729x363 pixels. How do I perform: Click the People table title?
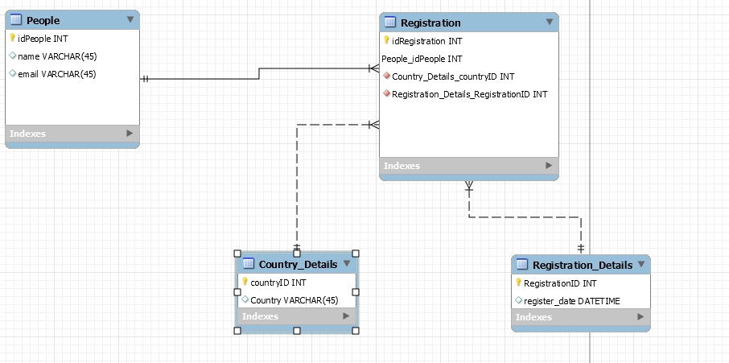click(x=43, y=20)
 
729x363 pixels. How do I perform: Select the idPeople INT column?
click(x=43, y=39)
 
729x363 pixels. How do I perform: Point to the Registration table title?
click(x=430, y=23)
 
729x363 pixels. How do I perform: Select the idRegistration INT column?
click(x=426, y=41)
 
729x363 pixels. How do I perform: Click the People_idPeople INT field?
click(x=422, y=59)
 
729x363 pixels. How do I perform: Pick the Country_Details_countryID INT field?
click(x=453, y=76)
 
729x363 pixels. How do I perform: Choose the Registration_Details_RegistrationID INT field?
click(x=469, y=94)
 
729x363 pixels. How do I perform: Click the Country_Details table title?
click(x=297, y=264)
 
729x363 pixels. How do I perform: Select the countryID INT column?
click(x=278, y=283)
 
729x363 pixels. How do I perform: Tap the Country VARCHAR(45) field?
click(x=294, y=300)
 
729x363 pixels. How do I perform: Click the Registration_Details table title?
click(x=582, y=265)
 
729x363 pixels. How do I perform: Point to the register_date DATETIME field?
click(x=572, y=301)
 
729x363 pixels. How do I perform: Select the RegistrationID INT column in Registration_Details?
click(x=559, y=283)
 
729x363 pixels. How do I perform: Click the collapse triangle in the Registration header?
click(x=550, y=22)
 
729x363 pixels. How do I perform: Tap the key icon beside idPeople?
click(x=13, y=38)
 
